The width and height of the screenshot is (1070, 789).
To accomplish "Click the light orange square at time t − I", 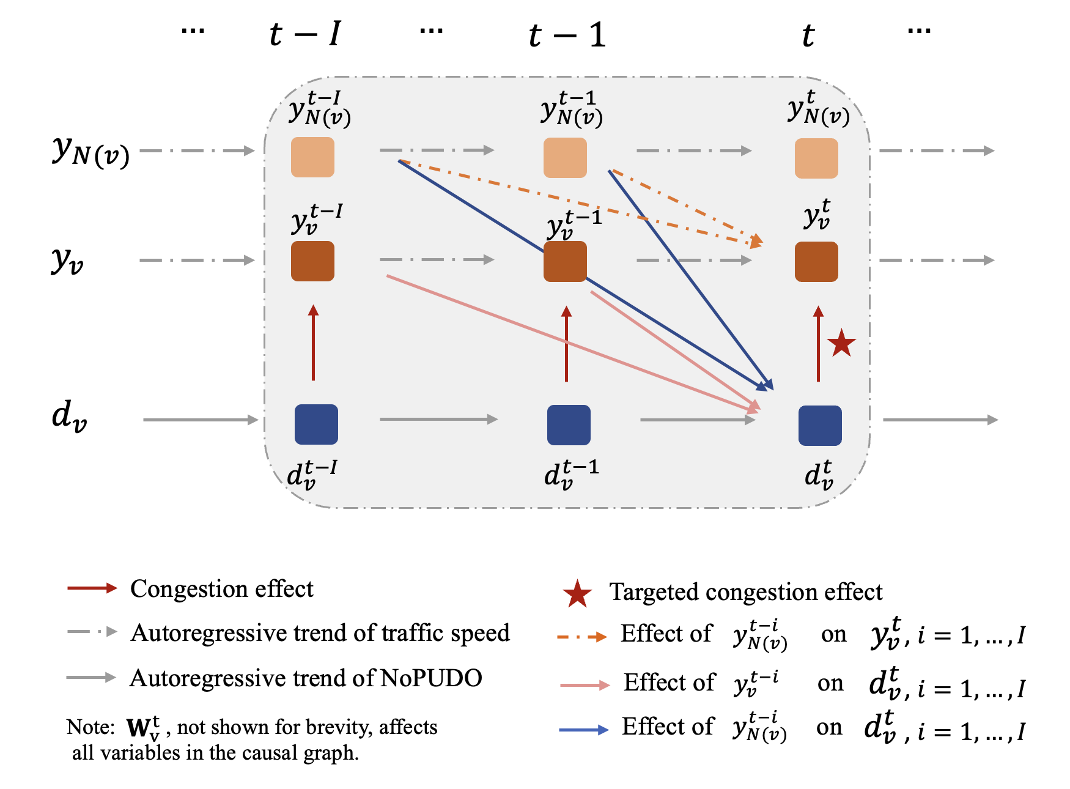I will [x=312, y=157].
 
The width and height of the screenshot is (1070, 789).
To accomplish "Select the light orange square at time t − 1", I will [x=565, y=158].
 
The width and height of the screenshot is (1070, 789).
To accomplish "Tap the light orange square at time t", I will [x=816, y=158].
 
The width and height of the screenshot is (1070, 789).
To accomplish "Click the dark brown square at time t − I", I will [x=312, y=261].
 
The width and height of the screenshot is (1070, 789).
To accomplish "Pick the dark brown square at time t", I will [x=816, y=262].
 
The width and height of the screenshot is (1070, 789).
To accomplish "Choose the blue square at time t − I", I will [x=316, y=424].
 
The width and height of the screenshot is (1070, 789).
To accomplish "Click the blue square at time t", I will [x=820, y=426].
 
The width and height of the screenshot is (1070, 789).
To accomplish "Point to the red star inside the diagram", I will [x=841, y=343].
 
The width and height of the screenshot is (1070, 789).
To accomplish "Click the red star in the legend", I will [x=577, y=594].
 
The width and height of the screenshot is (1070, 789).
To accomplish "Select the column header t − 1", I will [x=567, y=35].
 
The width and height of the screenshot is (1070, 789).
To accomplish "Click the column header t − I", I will [x=304, y=34].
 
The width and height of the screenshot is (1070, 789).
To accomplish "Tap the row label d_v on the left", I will [x=69, y=416].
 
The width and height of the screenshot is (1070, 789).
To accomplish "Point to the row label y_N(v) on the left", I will [x=90, y=150].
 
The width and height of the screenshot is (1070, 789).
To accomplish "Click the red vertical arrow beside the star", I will [x=818, y=344].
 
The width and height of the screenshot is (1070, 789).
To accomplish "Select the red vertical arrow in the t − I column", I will [x=314, y=343].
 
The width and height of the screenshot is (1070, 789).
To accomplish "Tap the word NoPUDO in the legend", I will [x=431, y=678].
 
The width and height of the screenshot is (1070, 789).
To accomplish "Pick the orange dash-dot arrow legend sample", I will [x=581, y=637].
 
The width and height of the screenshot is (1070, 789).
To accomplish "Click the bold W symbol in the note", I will [x=139, y=728].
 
